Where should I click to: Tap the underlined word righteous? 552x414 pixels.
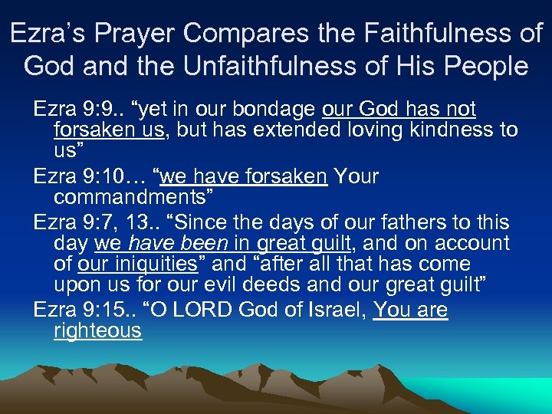(97, 331)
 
